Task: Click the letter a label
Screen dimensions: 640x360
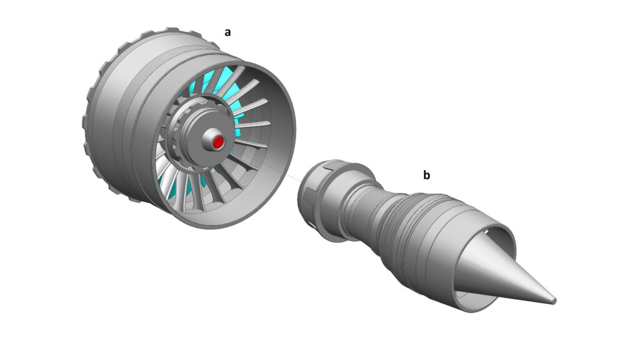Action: [227, 32]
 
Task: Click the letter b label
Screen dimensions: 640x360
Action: [426, 175]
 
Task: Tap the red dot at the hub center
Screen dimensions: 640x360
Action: [218, 142]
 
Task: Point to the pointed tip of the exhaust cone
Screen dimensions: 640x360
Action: [554, 301]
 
